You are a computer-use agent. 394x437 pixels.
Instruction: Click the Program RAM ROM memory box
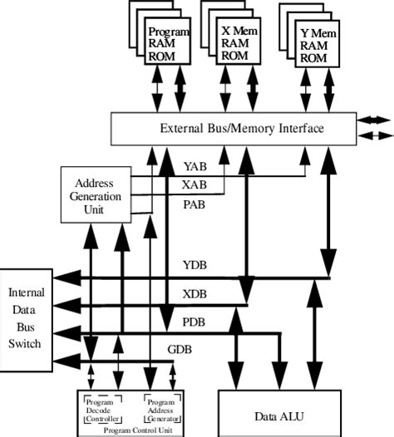click(169, 44)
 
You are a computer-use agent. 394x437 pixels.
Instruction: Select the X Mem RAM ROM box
click(237, 42)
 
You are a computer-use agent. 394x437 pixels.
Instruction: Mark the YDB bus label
click(194, 266)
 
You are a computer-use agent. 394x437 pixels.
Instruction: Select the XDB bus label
click(194, 294)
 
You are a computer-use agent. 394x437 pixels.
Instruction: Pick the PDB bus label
click(194, 322)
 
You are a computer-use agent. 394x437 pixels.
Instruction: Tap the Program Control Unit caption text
click(131, 430)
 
